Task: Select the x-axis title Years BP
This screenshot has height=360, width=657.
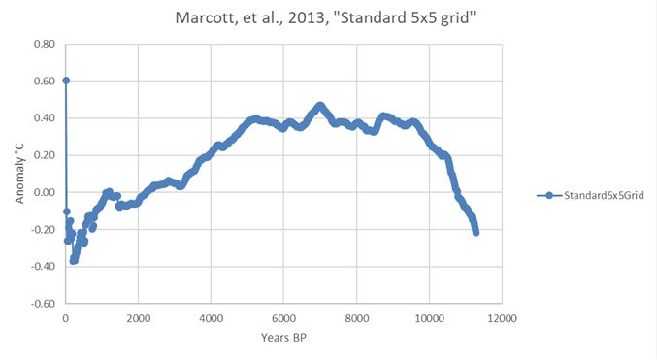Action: (x=283, y=337)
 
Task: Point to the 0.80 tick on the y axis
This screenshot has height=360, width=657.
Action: (x=44, y=45)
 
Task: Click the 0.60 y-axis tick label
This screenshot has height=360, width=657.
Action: (x=44, y=82)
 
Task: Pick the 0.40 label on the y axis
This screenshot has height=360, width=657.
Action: (x=44, y=118)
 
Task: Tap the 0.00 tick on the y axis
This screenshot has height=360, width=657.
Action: (x=44, y=192)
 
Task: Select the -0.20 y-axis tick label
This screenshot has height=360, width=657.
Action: (x=42, y=229)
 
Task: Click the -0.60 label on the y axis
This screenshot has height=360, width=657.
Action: (x=42, y=303)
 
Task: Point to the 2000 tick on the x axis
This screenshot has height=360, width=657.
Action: (x=139, y=318)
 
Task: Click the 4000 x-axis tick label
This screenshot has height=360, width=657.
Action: (x=212, y=318)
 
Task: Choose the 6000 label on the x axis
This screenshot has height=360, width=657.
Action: (x=284, y=318)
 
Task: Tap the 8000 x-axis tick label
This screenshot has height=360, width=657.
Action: (x=357, y=318)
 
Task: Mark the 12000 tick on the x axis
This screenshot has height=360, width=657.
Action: (x=502, y=318)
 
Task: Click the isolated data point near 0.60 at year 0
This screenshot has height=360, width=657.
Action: (x=66, y=81)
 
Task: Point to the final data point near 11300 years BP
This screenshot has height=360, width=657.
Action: (x=476, y=232)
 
